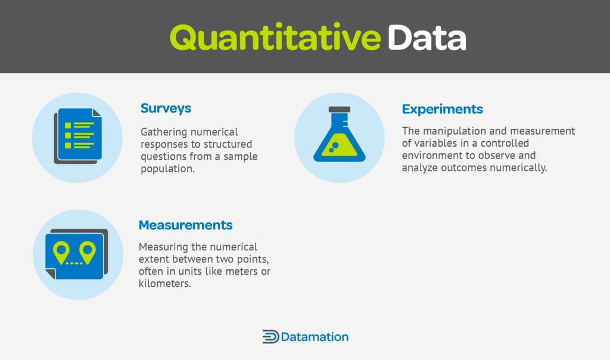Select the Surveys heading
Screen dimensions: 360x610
pyautogui.click(x=166, y=108)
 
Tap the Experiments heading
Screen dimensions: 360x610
pyautogui.click(x=442, y=109)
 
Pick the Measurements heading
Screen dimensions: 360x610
pyautogui.click(x=185, y=225)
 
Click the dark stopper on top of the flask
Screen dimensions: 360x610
pyautogui.click(x=339, y=110)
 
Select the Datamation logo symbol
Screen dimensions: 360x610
pyautogui.click(x=270, y=337)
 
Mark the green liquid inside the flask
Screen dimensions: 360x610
pyautogui.click(x=339, y=149)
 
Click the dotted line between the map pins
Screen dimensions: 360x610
pyautogui.click(x=74, y=263)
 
